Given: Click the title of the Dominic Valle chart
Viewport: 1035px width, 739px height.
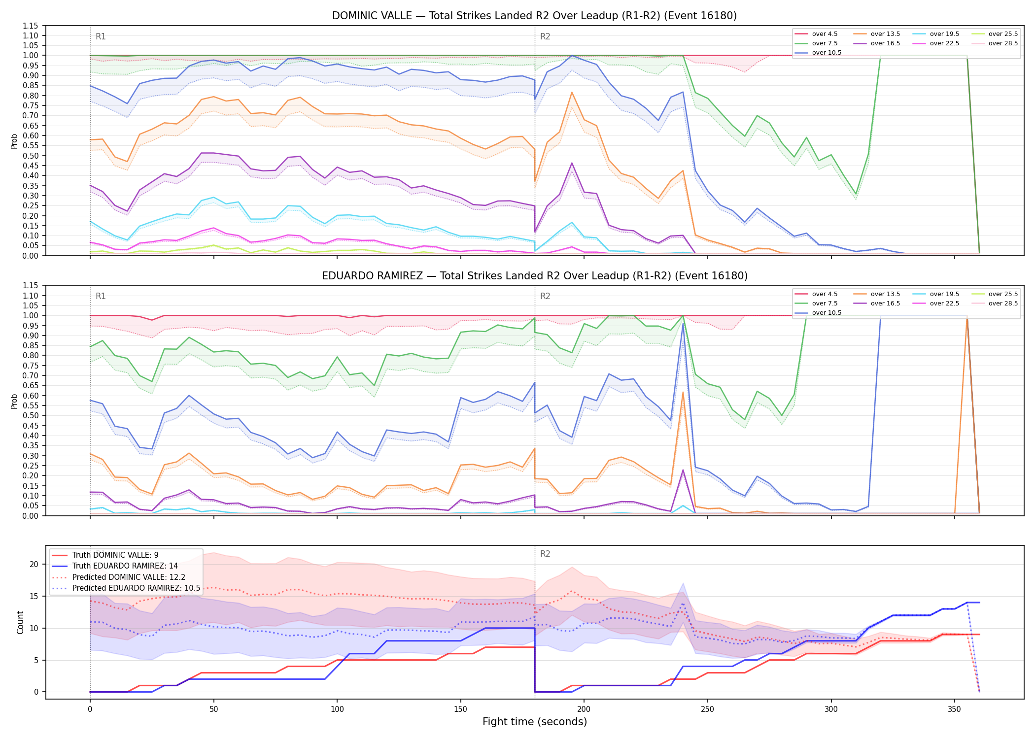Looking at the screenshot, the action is (x=535, y=16).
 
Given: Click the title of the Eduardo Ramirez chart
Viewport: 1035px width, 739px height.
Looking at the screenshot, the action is (x=535, y=276).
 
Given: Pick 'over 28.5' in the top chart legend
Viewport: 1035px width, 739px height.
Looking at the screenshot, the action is (x=1003, y=43).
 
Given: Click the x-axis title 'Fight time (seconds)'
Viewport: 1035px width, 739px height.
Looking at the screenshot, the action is (x=535, y=722).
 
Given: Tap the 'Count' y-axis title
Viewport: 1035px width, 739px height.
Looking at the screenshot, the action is (x=20, y=622).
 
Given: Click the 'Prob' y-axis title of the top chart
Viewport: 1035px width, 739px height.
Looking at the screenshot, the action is (x=14, y=141).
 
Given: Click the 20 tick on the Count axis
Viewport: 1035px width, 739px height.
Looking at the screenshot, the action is (x=34, y=565).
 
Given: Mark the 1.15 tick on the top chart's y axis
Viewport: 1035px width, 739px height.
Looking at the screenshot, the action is (x=30, y=26).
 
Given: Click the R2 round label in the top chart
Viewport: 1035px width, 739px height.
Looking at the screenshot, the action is (x=545, y=36).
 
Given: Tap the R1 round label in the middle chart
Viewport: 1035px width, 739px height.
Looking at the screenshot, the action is (x=101, y=296).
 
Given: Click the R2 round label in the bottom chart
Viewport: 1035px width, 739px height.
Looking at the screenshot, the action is (x=545, y=554).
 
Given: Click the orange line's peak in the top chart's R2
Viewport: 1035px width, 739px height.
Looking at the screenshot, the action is (x=572, y=92).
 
